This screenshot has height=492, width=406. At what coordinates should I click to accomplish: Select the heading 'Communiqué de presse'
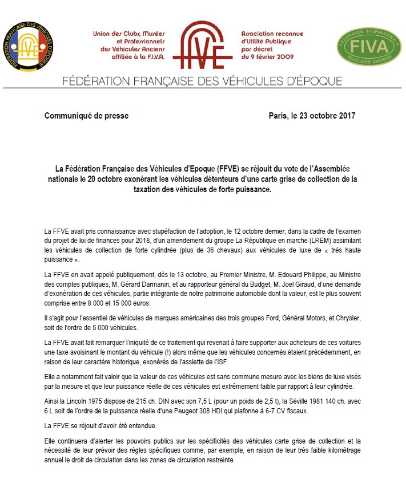point(86,116)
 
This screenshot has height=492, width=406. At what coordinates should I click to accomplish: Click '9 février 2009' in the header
point(271,56)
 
